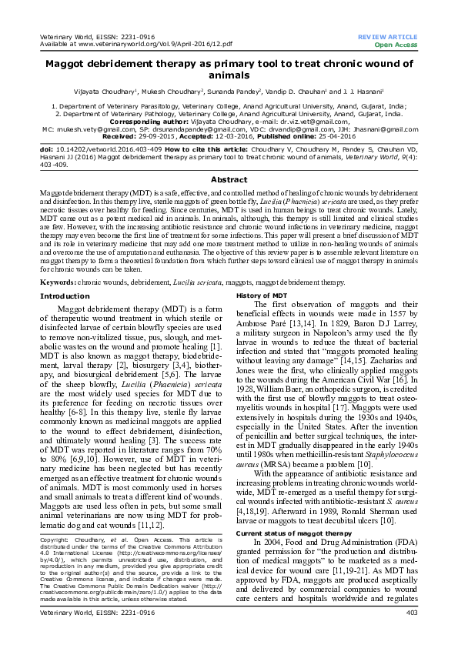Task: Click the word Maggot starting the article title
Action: point(66,64)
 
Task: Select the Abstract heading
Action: point(229,158)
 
